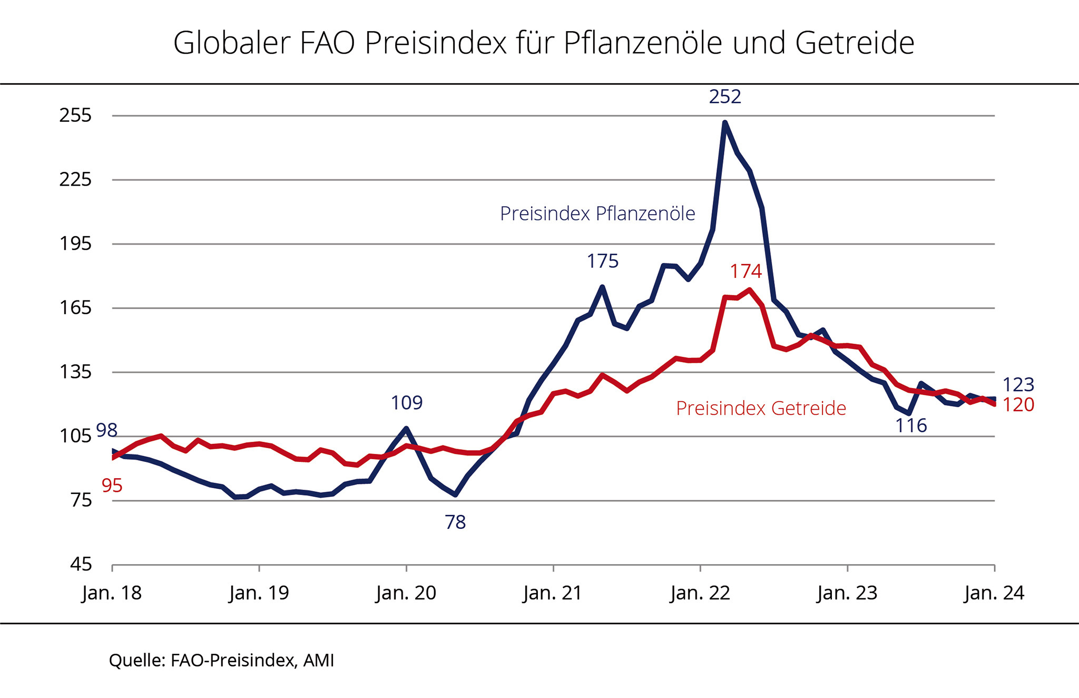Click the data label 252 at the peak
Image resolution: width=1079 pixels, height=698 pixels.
[x=725, y=96]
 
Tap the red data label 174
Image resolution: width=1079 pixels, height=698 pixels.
[x=746, y=271]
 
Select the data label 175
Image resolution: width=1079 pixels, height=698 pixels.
[x=603, y=261]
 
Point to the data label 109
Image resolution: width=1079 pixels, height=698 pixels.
[x=407, y=403]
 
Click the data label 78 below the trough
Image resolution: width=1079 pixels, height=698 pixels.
[x=455, y=522]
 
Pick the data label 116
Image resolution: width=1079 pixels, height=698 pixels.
[x=911, y=425]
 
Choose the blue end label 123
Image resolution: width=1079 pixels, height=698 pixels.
[x=1018, y=385]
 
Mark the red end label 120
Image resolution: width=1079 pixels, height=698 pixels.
[x=1018, y=405]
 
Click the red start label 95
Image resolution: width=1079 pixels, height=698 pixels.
[x=112, y=486]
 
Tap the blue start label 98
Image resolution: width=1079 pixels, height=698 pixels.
[x=107, y=430]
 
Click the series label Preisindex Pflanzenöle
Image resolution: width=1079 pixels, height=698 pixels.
[x=597, y=214]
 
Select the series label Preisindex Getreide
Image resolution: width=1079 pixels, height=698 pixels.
[x=761, y=408]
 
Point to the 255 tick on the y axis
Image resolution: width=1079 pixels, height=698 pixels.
[x=75, y=115]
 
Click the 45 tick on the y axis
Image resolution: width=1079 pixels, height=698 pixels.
[x=81, y=565]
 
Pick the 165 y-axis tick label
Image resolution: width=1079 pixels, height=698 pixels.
[x=75, y=307]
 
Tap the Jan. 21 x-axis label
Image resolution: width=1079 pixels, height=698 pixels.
[x=553, y=593]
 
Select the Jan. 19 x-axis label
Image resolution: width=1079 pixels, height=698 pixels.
[x=259, y=593]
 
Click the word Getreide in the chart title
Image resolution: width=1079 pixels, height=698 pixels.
[x=855, y=43]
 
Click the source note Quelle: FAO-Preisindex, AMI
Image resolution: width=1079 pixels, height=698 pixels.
[x=221, y=660]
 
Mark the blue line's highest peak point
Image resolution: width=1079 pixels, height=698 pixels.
[x=725, y=123]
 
